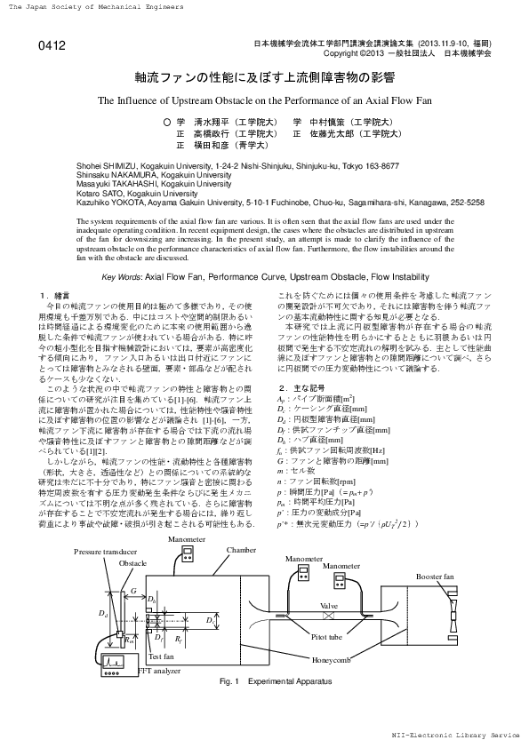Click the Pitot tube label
tap(327, 636)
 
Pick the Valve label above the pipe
tap(329, 604)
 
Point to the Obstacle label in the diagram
tap(132, 563)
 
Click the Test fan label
tap(161, 656)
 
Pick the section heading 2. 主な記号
tap(297, 388)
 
